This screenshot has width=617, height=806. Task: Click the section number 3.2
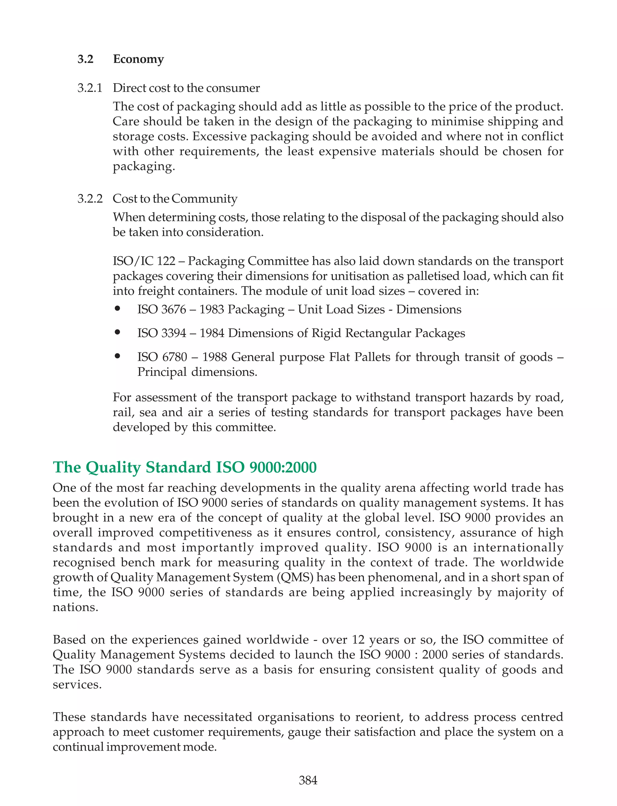[85, 59]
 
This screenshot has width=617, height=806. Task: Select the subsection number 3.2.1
[89, 88]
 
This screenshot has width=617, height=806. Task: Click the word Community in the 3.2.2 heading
[204, 199]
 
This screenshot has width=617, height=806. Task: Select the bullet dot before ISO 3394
[117, 333]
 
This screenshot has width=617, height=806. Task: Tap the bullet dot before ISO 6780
[117, 356]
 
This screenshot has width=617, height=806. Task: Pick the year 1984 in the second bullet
[212, 333]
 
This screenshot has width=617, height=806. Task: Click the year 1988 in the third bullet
[215, 357]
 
